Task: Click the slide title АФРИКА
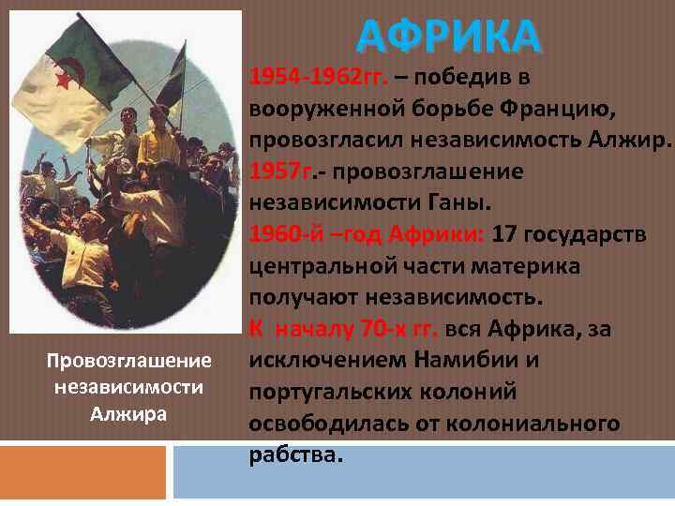click(x=449, y=37)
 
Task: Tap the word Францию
click(x=562, y=110)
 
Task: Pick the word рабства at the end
click(x=293, y=454)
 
